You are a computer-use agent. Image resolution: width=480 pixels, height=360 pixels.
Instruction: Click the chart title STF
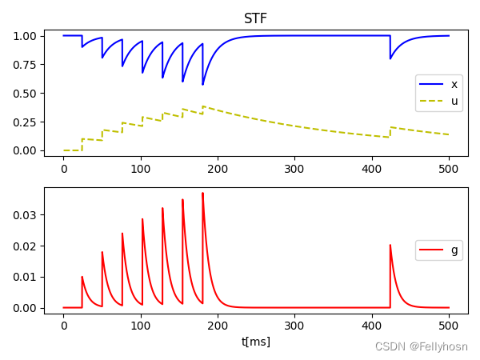256,18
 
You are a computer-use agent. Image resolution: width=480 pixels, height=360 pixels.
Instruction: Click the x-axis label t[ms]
256,342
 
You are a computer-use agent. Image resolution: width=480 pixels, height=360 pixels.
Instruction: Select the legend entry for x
454,84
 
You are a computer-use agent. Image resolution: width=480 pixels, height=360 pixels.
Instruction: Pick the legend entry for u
454,101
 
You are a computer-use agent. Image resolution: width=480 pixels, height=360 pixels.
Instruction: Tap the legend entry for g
454,250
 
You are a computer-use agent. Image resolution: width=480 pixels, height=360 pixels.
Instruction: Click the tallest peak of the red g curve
202,193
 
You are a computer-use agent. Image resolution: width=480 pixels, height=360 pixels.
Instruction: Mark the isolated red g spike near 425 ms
390,246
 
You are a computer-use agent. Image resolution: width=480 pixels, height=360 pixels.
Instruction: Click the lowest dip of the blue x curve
202,85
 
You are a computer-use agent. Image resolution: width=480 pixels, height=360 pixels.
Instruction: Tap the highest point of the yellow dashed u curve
203,106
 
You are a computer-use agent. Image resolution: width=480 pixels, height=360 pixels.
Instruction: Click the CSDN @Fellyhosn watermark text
421,346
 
